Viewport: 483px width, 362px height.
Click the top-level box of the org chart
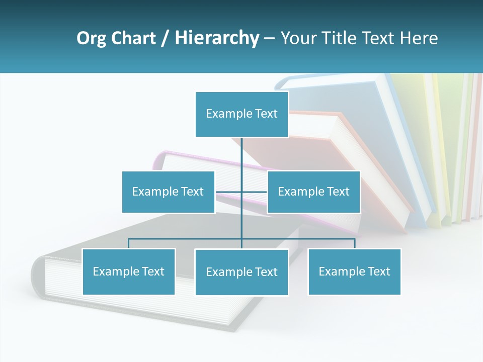242,114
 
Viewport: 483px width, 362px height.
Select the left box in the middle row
168,192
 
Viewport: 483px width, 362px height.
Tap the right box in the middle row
313,192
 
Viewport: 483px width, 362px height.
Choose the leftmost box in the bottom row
129,271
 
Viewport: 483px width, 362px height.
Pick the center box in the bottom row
242,272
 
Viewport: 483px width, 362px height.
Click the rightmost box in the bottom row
354,271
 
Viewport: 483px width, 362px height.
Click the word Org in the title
91,38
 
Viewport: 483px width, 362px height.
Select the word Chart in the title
132,38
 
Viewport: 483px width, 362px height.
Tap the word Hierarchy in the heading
216,38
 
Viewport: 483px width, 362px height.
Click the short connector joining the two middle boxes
229,192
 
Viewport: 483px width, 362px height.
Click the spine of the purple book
158,161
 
